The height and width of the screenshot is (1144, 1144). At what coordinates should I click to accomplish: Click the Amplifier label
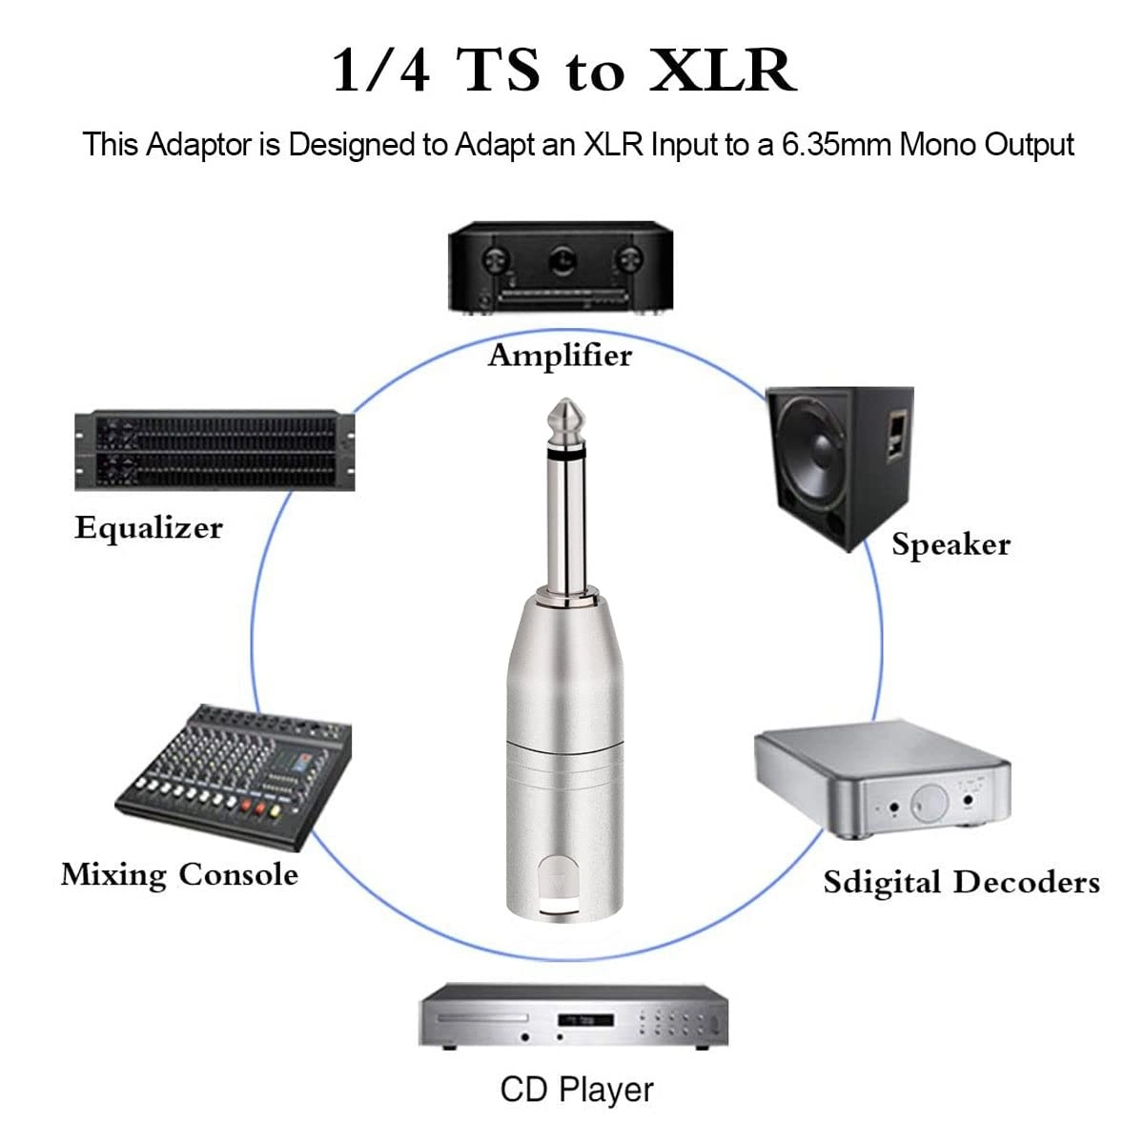point(560,356)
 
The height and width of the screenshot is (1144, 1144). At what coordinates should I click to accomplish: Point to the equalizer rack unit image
point(214,450)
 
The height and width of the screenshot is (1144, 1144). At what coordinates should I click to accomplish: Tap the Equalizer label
point(149,527)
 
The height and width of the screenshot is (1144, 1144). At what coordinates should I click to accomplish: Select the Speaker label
point(950,544)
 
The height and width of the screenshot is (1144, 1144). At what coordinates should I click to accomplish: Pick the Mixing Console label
point(179,874)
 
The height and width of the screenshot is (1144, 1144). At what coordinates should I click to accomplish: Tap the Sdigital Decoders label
point(961,882)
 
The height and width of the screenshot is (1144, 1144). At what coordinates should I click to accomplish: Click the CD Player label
point(577,1090)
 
